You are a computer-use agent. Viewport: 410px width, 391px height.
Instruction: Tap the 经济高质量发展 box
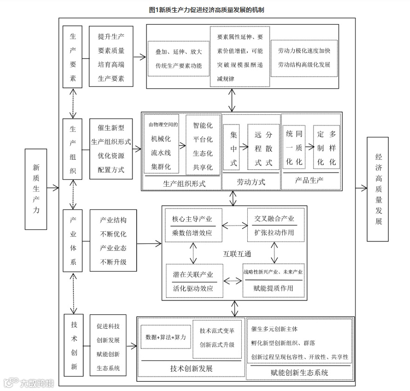378,189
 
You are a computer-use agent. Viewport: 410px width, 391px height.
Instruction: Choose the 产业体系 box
73,240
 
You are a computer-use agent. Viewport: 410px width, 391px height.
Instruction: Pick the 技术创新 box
73,345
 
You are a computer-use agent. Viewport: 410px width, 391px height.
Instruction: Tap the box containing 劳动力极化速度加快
304,58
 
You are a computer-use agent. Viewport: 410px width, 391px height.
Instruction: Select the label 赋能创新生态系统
299,372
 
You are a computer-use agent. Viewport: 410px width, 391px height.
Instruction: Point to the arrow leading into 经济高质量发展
361,188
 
